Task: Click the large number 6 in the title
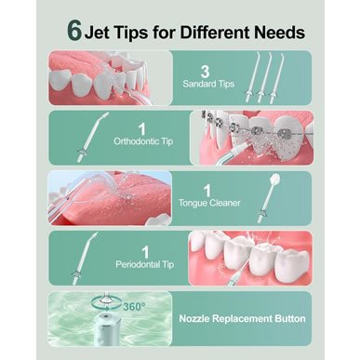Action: (x=74, y=32)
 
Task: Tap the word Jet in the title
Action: (x=97, y=33)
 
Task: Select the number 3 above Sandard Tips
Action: (x=205, y=72)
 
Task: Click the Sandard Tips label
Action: (x=208, y=84)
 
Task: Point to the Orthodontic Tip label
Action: (x=143, y=141)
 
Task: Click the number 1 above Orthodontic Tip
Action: (x=142, y=129)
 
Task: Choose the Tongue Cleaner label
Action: (x=209, y=203)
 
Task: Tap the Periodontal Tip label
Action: (x=144, y=264)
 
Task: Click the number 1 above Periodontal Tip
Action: (x=145, y=253)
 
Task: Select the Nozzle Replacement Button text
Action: (x=242, y=318)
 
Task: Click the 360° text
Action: (x=134, y=307)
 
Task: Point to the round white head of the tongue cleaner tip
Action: (x=275, y=179)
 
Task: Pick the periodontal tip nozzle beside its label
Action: (x=84, y=258)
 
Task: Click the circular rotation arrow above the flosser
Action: (x=106, y=302)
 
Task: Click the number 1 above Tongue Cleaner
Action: (x=207, y=191)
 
